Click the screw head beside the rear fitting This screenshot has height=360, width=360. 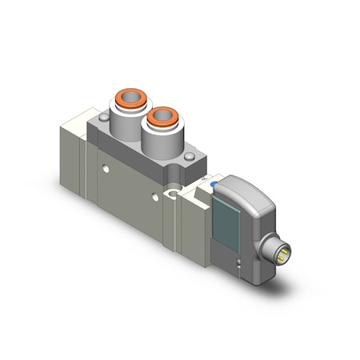[x=101, y=118]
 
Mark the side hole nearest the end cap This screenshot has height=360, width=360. [x=106, y=168]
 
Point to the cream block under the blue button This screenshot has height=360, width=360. [x=198, y=200]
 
